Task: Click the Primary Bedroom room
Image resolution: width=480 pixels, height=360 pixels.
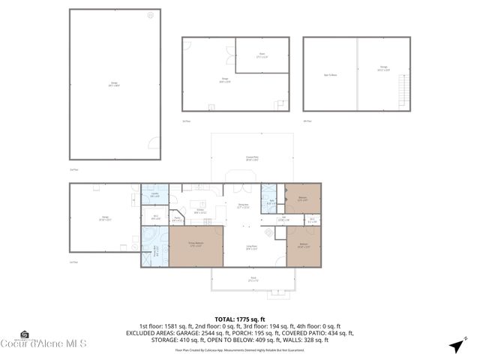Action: (x=196, y=245)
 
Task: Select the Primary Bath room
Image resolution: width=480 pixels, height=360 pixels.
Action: (x=155, y=252)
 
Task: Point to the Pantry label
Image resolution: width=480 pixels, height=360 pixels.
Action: (x=178, y=219)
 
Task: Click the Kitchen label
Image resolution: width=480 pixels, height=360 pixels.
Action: (x=199, y=212)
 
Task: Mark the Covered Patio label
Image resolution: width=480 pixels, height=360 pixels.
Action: (x=252, y=158)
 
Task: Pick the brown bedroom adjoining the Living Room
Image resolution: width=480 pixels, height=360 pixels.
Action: (x=304, y=245)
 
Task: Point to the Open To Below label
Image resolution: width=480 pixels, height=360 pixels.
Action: (x=330, y=75)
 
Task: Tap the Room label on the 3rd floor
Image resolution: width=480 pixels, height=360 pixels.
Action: (x=262, y=54)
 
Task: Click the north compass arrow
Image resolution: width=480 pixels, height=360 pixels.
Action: (x=454, y=345)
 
